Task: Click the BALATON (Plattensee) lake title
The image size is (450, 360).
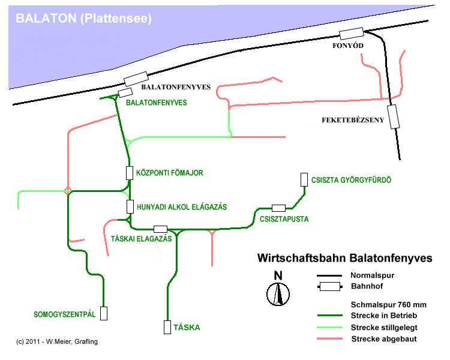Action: [x=84, y=19]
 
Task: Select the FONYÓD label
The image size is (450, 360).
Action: [x=349, y=46]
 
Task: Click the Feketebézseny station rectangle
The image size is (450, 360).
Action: [x=394, y=116]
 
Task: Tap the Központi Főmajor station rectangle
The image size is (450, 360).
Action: [x=129, y=173]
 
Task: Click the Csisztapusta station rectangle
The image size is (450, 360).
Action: [x=278, y=208]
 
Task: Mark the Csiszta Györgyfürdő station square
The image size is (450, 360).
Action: [x=304, y=179]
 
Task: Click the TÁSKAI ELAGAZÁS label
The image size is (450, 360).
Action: [x=142, y=239]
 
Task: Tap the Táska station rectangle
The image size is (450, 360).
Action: [x=167, y=327]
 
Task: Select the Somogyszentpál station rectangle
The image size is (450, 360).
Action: [x=104, y=313]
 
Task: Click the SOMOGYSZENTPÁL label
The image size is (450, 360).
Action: [x=65, y=314]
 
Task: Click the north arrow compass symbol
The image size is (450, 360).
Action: [x=278, y=290]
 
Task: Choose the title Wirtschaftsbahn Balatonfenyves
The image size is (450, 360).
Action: [x=345, y=259]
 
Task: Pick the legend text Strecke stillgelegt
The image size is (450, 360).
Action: [x=383, y=327]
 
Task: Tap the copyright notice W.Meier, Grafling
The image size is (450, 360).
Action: [x=57, y=341]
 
